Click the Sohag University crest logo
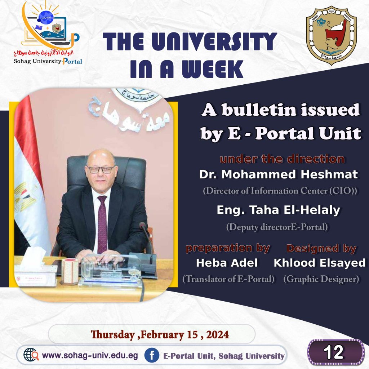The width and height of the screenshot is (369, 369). [332, 35]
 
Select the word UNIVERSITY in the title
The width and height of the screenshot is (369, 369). [214, 41]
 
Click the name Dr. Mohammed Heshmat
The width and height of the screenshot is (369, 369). [279, 175]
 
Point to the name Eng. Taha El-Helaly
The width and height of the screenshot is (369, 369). [279, 210]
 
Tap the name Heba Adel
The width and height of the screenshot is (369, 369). [227, 263]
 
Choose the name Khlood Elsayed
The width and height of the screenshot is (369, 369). [320, 263]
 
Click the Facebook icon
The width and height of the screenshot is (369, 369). [152, 355]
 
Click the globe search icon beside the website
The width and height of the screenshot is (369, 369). [31, 355]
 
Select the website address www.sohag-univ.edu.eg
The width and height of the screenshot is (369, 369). [90, 355]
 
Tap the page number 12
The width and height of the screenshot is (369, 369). [334, 352]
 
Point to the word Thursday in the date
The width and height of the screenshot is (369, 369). [113, 335]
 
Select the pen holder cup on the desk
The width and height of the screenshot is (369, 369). [70, 271]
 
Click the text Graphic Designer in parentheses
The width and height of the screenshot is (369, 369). [321, 279]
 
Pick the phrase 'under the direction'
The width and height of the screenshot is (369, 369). [282, 159]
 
